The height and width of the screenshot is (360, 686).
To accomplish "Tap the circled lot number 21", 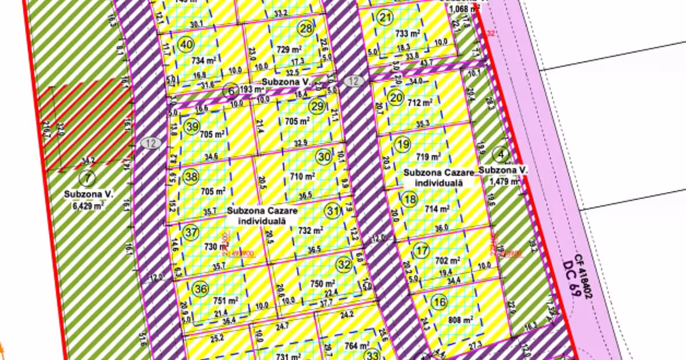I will (x=386, y=18).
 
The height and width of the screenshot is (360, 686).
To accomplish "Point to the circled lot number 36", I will (x=200, y=289).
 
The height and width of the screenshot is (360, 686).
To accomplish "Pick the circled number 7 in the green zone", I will (x=86, y=178).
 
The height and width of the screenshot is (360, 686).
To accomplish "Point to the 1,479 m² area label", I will (x=504, y=181).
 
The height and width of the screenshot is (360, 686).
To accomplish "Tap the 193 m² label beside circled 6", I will (x=252, y=89).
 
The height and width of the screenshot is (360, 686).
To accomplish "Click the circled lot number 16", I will (x=439, y=302).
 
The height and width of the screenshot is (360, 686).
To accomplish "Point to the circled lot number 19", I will (x=403, y=145).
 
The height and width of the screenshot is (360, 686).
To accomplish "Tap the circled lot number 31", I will (x=333, y=211).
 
